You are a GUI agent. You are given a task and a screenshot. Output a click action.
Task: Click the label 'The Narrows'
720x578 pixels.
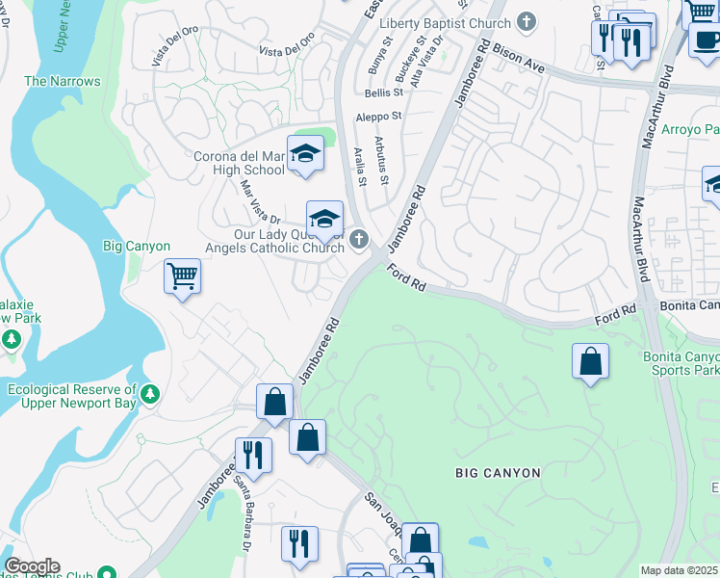coord(63,81)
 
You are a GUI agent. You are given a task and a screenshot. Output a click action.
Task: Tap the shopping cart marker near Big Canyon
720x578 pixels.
coord(182,276)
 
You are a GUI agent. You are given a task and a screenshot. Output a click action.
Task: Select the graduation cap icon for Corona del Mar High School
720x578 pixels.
coord(305,153)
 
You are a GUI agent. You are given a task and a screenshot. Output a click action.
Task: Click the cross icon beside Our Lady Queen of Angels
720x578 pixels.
coord(359,239)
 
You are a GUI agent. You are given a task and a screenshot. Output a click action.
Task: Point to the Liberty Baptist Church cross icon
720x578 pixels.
coord(527,21)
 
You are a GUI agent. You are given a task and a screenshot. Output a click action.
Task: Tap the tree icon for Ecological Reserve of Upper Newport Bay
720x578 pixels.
coord(149,394)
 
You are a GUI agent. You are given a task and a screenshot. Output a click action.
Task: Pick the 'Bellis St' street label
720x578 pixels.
coord(382,92)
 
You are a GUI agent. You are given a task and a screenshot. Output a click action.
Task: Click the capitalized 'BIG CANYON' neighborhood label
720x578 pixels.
coord(498,473)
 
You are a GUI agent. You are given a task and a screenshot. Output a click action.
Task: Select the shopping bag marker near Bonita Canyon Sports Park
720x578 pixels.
coord(590,362)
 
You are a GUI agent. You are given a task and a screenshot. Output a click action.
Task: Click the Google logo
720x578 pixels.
coord(32,566)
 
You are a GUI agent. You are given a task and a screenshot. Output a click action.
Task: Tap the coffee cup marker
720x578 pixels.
coord(706,40)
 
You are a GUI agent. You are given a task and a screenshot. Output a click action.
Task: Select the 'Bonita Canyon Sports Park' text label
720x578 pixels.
coord(681,362)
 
